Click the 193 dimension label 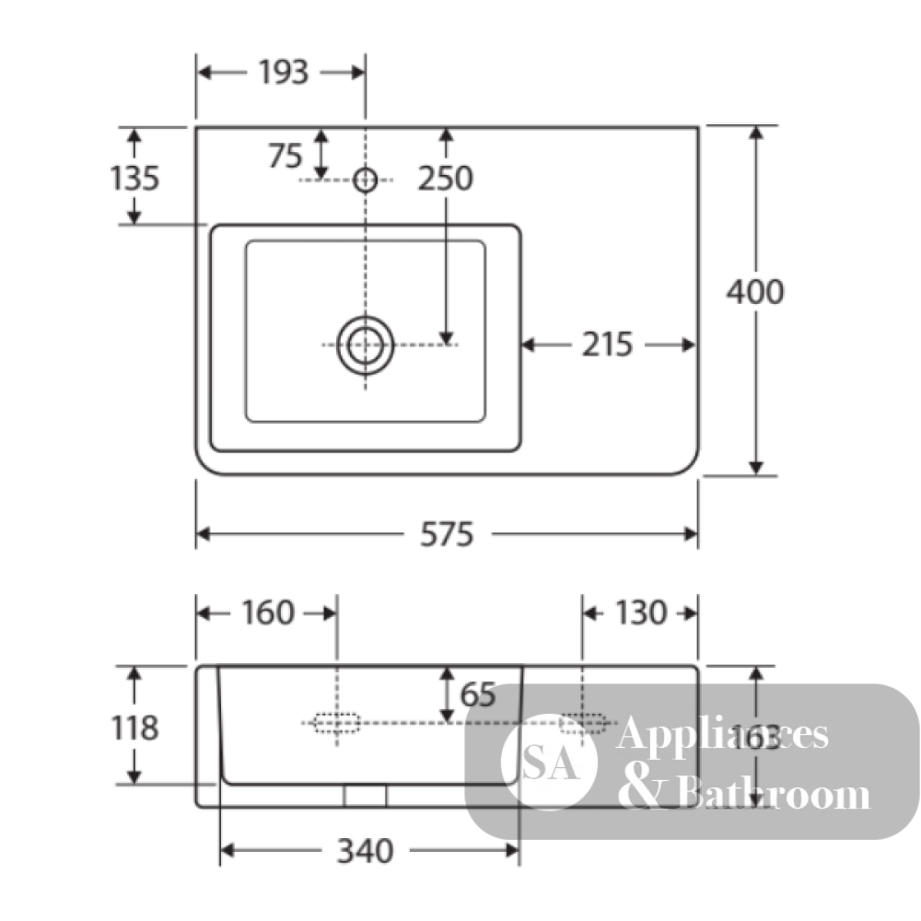coord(284,72)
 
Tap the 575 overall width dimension coord(447,534)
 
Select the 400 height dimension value coord(755,291)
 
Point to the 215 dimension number coord(607,344)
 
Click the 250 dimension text coord(445,178)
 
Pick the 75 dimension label coord(286,156)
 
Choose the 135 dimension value coord(134,178)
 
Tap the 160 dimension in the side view coord(267,612)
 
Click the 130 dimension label coord(641,612)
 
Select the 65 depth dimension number coord(478,694)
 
